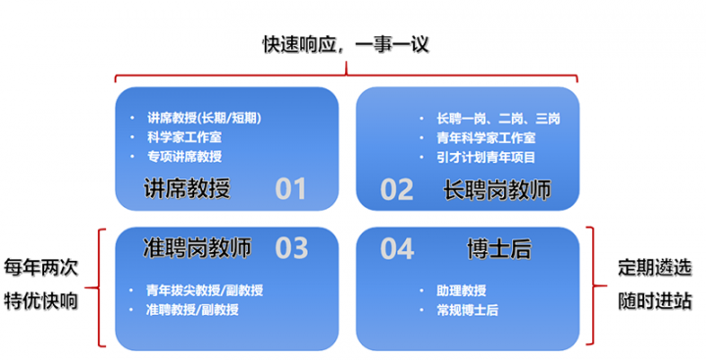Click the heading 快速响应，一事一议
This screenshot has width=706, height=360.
(346, 44)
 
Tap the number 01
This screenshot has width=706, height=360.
(290, 188)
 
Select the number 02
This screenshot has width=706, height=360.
(397, 188)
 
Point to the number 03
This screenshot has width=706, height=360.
(290, 248)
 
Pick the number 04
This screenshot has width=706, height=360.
(397, 248)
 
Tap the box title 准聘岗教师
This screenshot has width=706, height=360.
(196, 248)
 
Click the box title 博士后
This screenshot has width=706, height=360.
(499, 248)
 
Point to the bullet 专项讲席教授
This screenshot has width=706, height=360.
(183, 156)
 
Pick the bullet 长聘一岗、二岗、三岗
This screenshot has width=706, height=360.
(499, 119)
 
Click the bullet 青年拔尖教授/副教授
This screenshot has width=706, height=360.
(204, 290)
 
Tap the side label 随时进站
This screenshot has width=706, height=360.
(653, 299)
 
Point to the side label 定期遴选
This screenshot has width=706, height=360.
(653, 267)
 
